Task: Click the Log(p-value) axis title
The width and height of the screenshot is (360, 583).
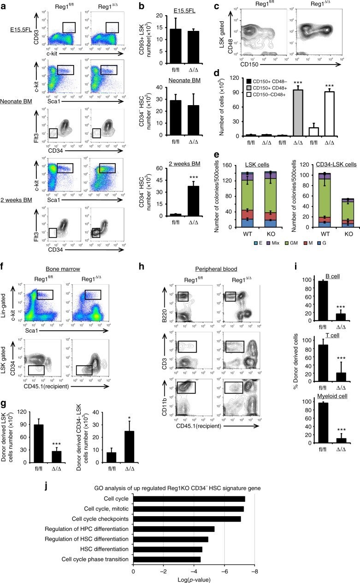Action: (194, 578)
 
